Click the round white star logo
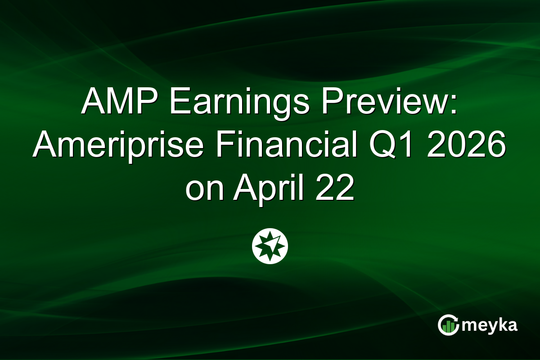pyautogui.click(x=270, y=246)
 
